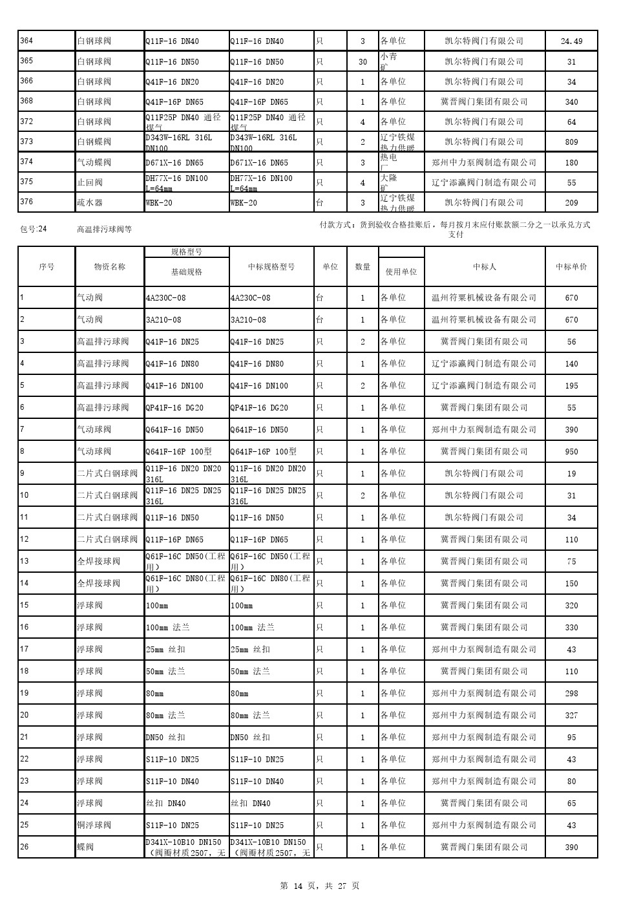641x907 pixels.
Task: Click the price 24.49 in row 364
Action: click(571, 41)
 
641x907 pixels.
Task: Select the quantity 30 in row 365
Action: click(363, 62)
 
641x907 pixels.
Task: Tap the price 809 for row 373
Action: click(571, 142)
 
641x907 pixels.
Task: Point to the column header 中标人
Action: click(485, 266)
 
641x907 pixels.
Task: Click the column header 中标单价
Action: click(571, 266)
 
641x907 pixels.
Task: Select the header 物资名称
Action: click(110, 266)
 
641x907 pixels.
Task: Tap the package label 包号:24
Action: click(34, 229)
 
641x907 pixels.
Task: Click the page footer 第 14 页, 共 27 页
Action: click(320, 886)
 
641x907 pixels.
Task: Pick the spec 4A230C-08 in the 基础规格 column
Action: click(166, 298)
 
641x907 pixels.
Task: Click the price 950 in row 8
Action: click(571, 452)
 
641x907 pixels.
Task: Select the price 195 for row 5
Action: click(571, 386)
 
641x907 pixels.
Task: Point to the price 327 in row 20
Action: click(571, 716)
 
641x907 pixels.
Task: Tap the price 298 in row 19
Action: click(571, 694)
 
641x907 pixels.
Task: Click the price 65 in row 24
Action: click(571, 804)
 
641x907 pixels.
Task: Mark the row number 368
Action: click(26, 101)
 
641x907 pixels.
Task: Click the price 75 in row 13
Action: click(571, 562)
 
